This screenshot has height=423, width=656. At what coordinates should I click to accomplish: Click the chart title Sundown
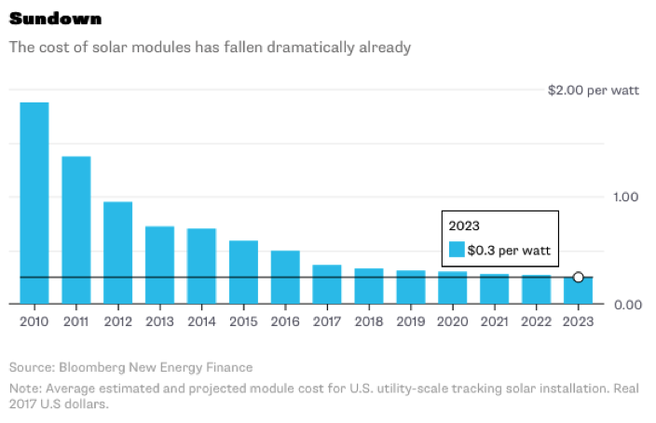pyautogui.click(x=55, y=19)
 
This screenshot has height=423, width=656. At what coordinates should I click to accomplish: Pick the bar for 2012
pyautogui.click(x=117, y=252)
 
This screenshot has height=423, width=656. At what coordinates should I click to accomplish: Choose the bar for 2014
pyautogui.click(x=201, y=266)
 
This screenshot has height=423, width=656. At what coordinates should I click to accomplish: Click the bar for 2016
pyautogui.click(x=285, y=277)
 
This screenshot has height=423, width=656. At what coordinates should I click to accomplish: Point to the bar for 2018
pyautogui.click(x=369, y=286)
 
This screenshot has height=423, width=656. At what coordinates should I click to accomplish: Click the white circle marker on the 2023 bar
pyautogui.click(x=579, y=278)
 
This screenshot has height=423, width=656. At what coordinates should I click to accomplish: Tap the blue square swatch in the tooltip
pyautogui.click(x=457, y=250)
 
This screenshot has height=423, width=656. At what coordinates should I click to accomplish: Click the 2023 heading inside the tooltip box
pyautogui.click(x=464, y=225)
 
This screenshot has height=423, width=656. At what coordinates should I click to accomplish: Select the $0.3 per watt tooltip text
pyautogui.click(x=510, y=250)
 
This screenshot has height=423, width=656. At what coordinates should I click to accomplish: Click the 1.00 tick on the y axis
pyautogui.click(x=625, y=198)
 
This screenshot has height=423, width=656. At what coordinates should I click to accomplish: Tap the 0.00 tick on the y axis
pyautogui.click(x=625, y=305)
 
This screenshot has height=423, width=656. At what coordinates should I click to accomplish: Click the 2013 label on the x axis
pyautogui.click(x=159, y=321)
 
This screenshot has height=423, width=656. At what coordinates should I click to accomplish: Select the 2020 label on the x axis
pyautogui.click(x=452, y=321)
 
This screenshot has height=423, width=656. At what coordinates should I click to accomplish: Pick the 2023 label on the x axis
pyautogui.click(x=578, y=321)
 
